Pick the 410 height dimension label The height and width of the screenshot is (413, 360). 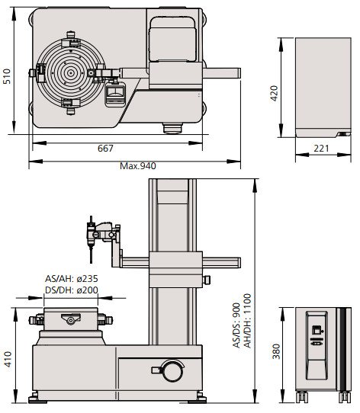click(8, 358)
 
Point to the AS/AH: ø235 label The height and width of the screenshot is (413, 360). click(70, 279)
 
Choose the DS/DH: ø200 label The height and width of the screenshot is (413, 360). click(70, 290)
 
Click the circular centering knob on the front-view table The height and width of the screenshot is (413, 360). click(70, 321)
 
